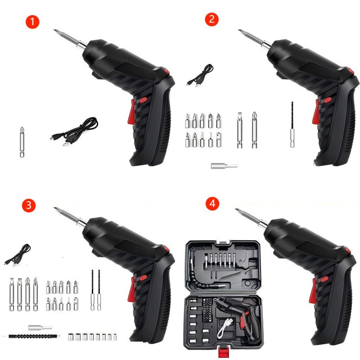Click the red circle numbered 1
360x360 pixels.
(32, 22)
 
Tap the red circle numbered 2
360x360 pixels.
(211, 19)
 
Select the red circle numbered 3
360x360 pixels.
(29, 205)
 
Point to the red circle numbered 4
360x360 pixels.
(212, 203)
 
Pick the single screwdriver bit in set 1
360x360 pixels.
(22, 142)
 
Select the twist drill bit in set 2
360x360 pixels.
(292, 125)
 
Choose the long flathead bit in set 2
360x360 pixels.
(240, 130)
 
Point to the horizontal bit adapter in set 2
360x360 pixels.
(224, 166)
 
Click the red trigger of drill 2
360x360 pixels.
(315, 112)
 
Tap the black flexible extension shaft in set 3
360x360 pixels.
(32, 336)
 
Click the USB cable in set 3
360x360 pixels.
(18, 255)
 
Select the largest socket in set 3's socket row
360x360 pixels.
(71, 337)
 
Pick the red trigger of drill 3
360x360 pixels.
(131, 289)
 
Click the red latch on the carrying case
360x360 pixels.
(222, 352)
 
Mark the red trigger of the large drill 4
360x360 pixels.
(313, 291)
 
